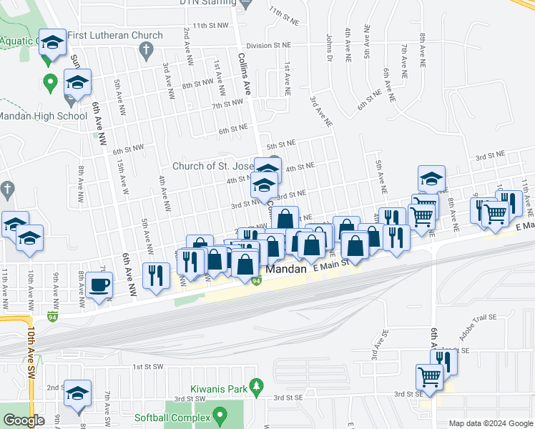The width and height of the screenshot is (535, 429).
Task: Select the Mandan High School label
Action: [x=42, y=116]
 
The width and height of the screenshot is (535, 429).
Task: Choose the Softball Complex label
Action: [x=172, y=418]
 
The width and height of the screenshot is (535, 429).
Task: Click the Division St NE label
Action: [x=265, y=44]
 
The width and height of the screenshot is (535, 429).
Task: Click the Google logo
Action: [x=24, y=420]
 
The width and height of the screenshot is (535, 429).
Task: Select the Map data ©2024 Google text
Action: [x=490, y=423]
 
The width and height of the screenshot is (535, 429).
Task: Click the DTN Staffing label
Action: [x=207, y=3]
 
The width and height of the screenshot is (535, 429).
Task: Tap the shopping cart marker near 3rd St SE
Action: [x=429, y=376]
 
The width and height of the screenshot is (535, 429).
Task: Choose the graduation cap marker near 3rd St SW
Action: [x=77, y=394]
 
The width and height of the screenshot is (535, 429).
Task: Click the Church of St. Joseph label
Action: [x=213, y=166]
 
